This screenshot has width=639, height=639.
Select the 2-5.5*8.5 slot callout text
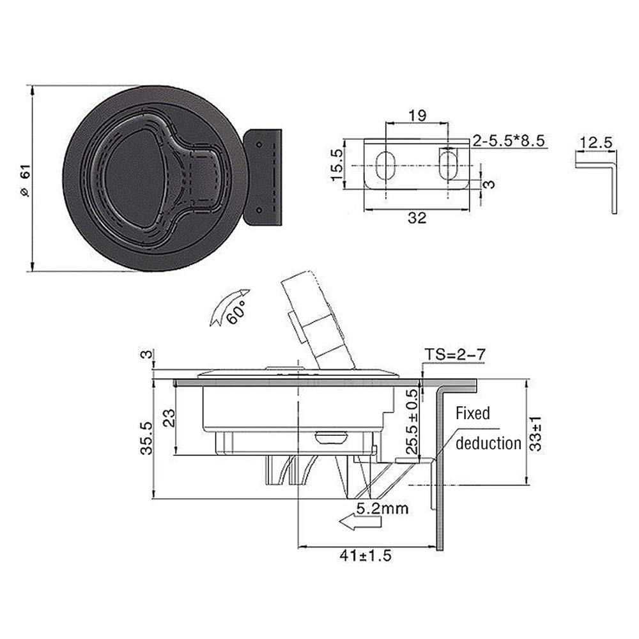tap(508, 141)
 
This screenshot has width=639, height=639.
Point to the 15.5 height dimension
tap(337, 166)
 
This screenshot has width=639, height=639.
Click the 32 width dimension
tap(417, 218)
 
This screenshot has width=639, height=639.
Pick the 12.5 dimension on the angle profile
tap(596, 143)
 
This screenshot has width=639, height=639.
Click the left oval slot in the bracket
tap(385, 165)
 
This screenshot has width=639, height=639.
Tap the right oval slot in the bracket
tap(448, 164)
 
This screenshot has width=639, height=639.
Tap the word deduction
tap(488, 443)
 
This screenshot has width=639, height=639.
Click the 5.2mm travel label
tap(382, 509)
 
